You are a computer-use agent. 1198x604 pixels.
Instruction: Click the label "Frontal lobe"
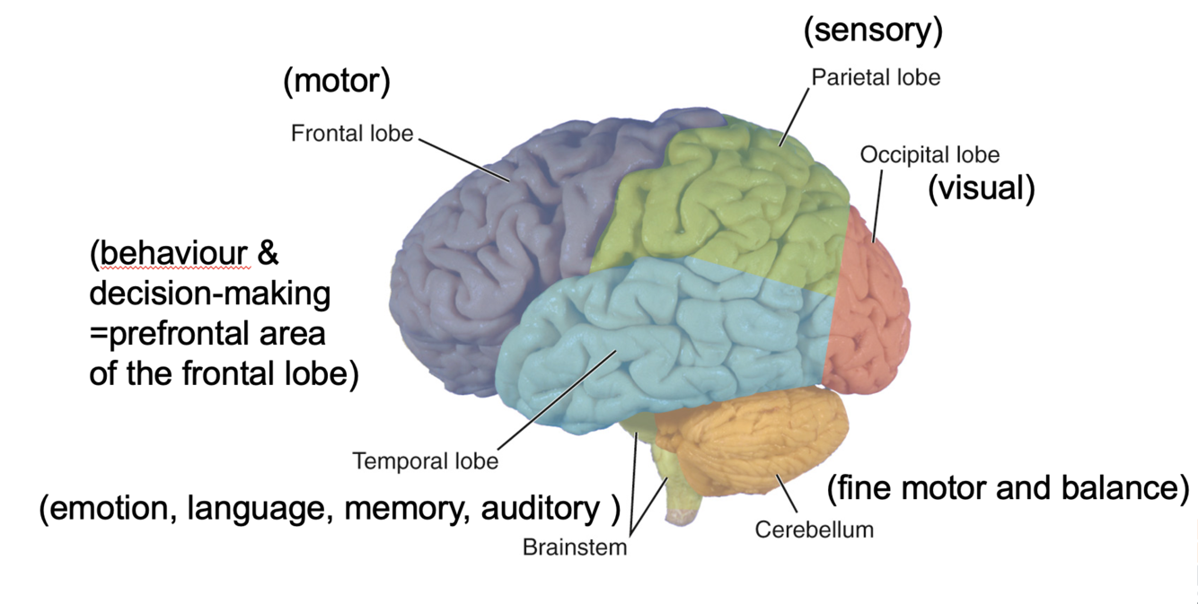[351, 134]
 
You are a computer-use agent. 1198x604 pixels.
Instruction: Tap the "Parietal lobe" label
[876, 77]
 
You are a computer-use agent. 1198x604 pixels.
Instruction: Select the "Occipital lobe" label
[929, 154]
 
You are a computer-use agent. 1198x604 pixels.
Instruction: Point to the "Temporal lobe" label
[425, 461]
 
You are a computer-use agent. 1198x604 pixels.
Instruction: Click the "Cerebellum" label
[814, 529]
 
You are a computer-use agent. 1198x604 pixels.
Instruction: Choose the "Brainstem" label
[575, 547]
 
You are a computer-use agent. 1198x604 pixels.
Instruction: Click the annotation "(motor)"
[337, 82]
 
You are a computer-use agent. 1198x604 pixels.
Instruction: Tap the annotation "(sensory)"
[873, 31]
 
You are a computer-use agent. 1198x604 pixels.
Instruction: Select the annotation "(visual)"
[982, 188]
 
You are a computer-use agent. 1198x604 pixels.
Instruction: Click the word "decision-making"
[210, 294]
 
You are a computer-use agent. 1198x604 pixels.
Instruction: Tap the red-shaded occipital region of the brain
[871, 305]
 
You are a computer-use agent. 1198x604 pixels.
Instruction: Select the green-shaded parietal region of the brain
[727, 206]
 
